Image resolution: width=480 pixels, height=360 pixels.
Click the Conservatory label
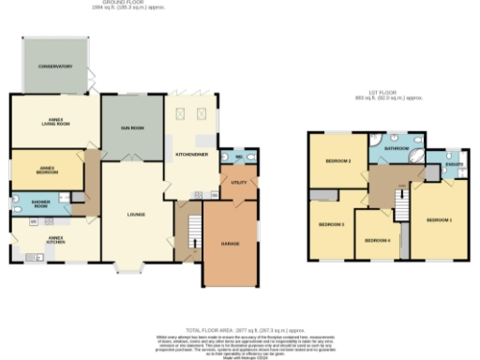[55, 67]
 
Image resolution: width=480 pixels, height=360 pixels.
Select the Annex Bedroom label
[40, 171]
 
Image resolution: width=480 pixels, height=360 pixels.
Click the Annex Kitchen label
[40, 253]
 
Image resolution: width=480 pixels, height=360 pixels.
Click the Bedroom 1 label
[439, 220]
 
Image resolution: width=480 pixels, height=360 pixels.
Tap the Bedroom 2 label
[338, 161]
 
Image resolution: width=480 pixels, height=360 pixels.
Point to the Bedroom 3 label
[331, 224]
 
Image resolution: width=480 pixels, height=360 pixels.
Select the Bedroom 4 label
[377, 240]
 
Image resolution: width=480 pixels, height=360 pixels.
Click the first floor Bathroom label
[396, 148]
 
